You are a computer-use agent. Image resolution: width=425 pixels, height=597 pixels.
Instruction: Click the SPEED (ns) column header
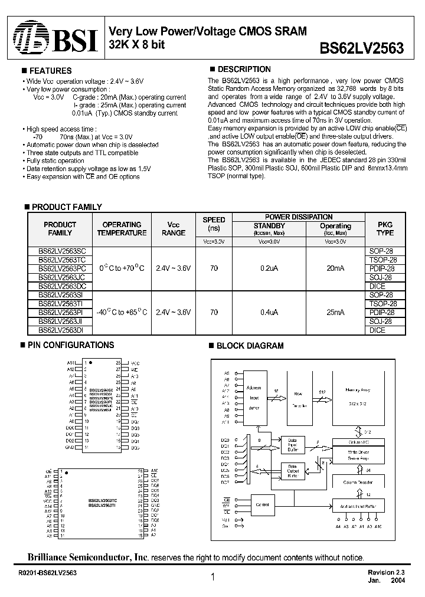214,224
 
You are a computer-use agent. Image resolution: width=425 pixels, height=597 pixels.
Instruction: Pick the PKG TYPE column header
385,228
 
